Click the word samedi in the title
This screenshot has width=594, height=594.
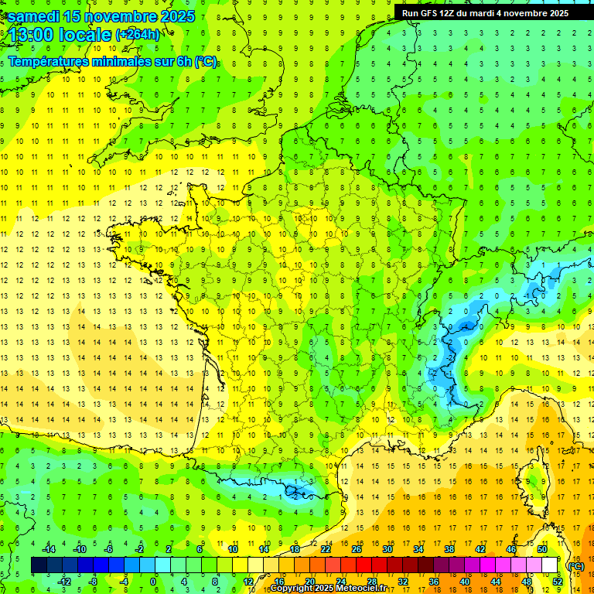coord(33,15)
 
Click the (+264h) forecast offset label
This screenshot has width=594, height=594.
coord(138,34)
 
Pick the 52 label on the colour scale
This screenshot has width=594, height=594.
coord(557,581)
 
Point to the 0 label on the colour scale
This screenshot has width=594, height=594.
coord(153,581)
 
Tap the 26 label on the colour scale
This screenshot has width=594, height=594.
coord(356,549)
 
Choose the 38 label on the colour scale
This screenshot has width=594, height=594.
coord(449,549)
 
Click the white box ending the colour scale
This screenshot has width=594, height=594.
coord(549,565)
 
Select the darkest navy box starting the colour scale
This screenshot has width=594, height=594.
coord(39,565)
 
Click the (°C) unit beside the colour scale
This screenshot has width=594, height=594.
coord(575,565)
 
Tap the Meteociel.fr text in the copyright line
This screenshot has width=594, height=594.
coord(363,589)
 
